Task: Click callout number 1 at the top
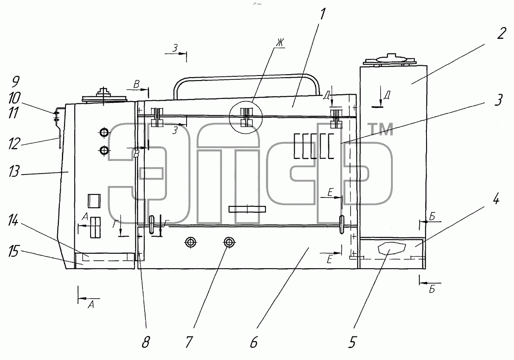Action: [x=322, y=14]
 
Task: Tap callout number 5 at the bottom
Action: [x=352, y=342]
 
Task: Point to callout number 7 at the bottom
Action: [x=189, y=342]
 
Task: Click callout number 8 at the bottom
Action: [x=146, y=342]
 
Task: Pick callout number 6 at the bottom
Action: [x=254, y=342]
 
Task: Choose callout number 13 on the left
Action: [x=14, y=171]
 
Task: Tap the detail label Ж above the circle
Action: [x=280, y=43]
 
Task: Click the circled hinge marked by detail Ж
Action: [x=245, y=117]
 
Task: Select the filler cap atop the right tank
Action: [x=389, y=60]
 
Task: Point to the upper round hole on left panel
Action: [x=104, y=132]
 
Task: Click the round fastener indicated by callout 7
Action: [x=229, y=242]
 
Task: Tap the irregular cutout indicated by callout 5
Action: [x=392, y=248]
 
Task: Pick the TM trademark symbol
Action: [x=380, y=129]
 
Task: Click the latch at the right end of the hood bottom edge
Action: [x=342, y=224]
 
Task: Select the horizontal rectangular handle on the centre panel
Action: [x=247, y=209]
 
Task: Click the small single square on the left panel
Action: [x=94, y=201]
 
